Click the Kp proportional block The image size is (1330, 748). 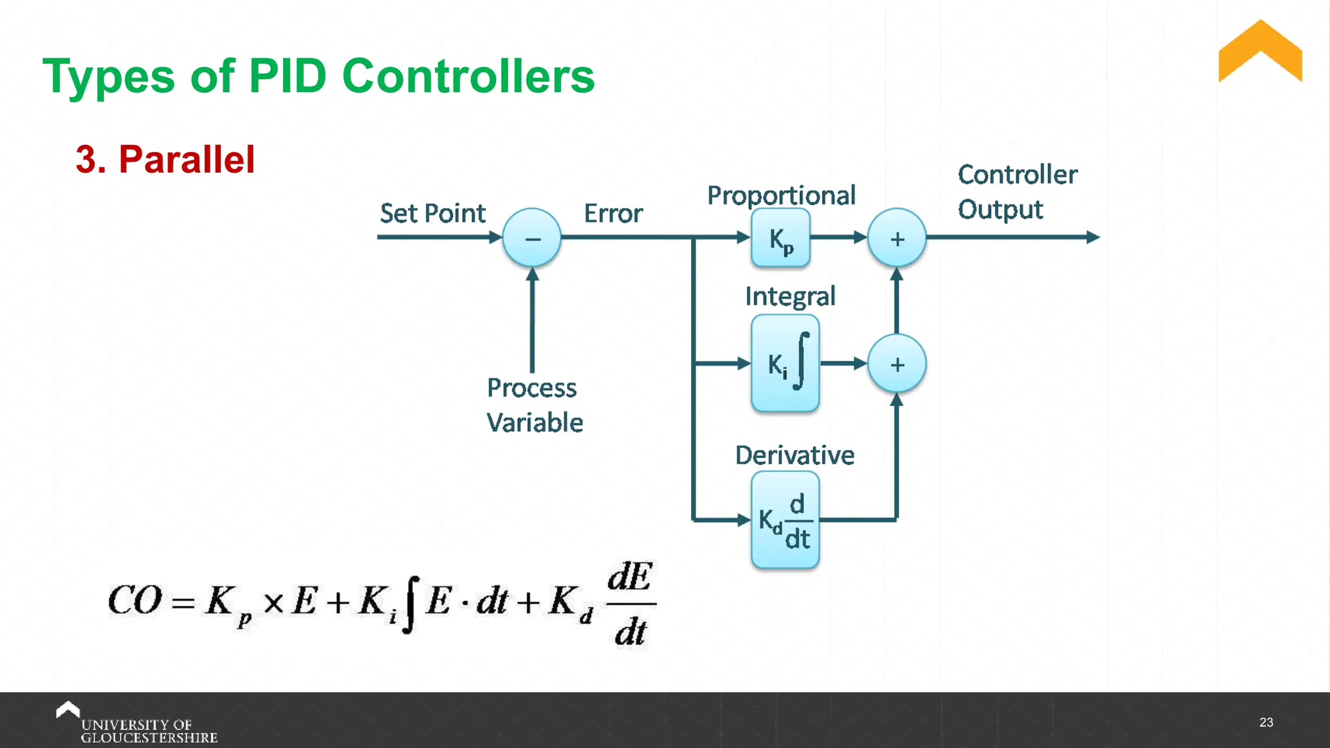(x=781, y=238)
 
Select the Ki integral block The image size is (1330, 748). (x=785, y=364)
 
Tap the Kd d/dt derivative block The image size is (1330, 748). (x=785, y=520)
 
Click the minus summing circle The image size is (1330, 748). (x=532, y=238)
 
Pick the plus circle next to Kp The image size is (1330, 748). (x=897, y=238)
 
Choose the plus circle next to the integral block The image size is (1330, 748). (x=897, y=364)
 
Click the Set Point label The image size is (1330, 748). (x=433, y=213)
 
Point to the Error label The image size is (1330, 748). (x=613, y=213)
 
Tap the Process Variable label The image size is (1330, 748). (x=534, y=405)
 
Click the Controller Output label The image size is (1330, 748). (x=1017, y=192)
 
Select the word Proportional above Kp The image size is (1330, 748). (x=781, y=195)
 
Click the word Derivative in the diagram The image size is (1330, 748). (x=794, y=455)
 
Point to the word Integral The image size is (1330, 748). (x=790, y=296)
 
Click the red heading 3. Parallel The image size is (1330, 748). (x=165, y=159)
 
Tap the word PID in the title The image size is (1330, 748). (x=287, y=76)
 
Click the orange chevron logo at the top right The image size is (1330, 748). (x=1260, y=52)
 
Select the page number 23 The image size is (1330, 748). (x=1266, y=722)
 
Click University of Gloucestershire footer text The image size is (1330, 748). (x=148, y=730)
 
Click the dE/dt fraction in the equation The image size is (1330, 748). (x=630, y=604)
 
